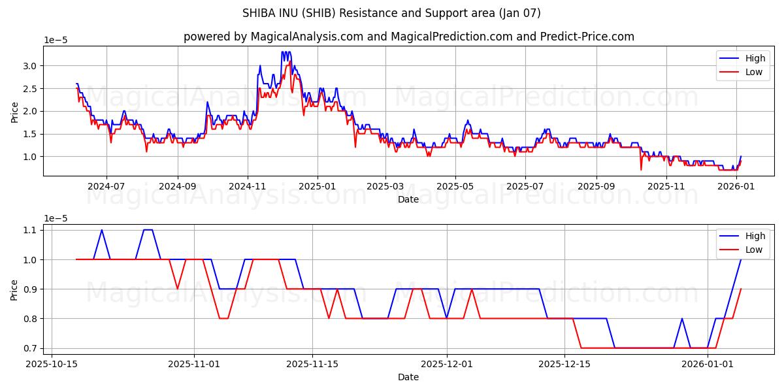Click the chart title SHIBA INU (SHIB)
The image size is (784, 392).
(x=391, y=13)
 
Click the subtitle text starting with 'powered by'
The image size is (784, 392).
(x=408, y=37)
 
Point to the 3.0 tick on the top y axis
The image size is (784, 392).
(x=31, y=65)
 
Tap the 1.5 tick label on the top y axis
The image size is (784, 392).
(x=31, y=134)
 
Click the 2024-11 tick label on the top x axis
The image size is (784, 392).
(x=248, y=186)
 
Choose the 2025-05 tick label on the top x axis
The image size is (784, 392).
(x=455, y=186)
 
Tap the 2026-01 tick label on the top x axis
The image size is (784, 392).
(x=736, y=186)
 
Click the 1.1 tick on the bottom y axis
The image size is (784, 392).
(x=31, y=230)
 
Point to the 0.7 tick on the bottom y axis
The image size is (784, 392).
(x=31, y=348)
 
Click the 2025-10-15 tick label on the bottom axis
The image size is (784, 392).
(x=52, y=364)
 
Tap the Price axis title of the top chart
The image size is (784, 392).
(x=14, y=111)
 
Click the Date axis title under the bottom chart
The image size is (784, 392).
(x=408, y=377)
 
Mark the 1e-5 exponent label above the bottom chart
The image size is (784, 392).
(x=56, y=218)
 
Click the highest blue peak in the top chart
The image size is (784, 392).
(x=282, y=52)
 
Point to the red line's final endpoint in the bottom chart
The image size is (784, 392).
(x=741, y=289)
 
